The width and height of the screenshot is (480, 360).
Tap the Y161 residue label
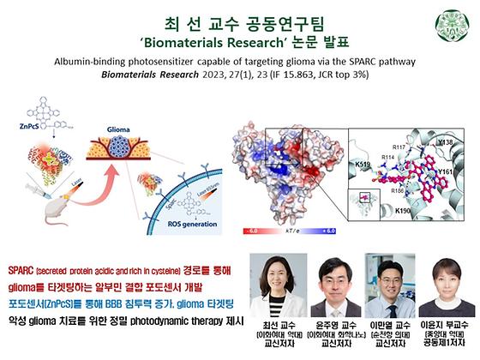446,172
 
